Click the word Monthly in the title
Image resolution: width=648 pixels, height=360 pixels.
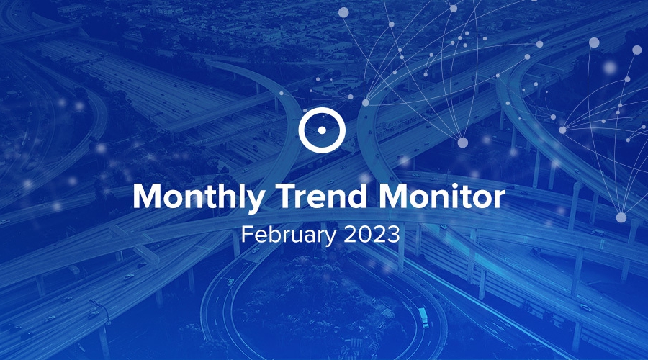[x=199, y=197]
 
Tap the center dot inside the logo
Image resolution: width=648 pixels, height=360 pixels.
[x=322, y=130]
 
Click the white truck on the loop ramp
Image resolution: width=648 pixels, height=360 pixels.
[x=423, y=317]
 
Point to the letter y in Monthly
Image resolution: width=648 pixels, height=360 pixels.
[x=255, y=202]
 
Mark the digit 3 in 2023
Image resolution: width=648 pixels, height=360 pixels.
[x=393, y=234]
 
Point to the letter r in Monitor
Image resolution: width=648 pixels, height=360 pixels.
[x=499, y=199]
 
